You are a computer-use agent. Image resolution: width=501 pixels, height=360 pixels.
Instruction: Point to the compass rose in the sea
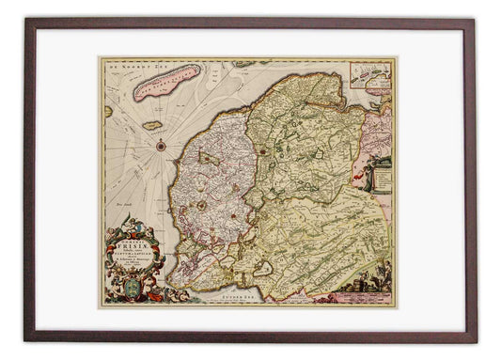tap(164, 146)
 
